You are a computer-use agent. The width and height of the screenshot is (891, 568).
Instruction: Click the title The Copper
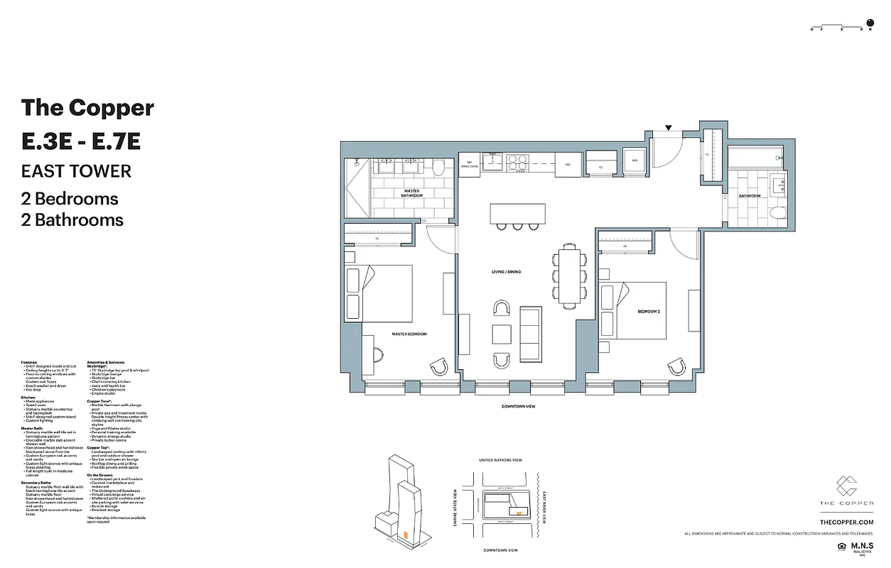tap(87, 108)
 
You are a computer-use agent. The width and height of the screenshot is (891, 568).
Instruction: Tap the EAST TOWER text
tap(76, 171)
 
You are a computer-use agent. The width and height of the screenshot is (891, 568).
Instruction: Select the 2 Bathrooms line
tap(72, 220)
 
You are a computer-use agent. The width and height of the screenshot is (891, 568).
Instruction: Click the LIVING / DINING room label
tap(507, 272)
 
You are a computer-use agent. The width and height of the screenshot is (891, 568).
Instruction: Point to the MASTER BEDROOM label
tap(409, 334)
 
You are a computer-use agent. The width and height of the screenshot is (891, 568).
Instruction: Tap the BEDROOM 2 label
tap(649, 312)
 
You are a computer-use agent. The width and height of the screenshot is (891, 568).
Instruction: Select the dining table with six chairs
tap(568, 274)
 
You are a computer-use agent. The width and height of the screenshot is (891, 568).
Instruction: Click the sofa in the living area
tap(530, 334)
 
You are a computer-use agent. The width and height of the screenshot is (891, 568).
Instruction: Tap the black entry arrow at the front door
tap(668, 128)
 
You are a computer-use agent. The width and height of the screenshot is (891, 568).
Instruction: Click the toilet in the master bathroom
tap(438, 168)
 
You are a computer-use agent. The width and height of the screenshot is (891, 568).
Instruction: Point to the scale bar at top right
tap(841, 28)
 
